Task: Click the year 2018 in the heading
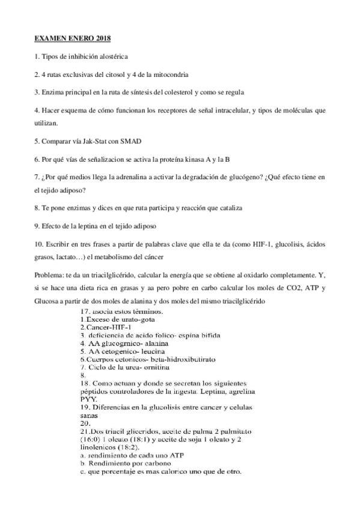[103, 38]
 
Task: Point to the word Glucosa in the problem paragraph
[49, 301]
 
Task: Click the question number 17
[85, 312]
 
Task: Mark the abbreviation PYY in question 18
[88, 398]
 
